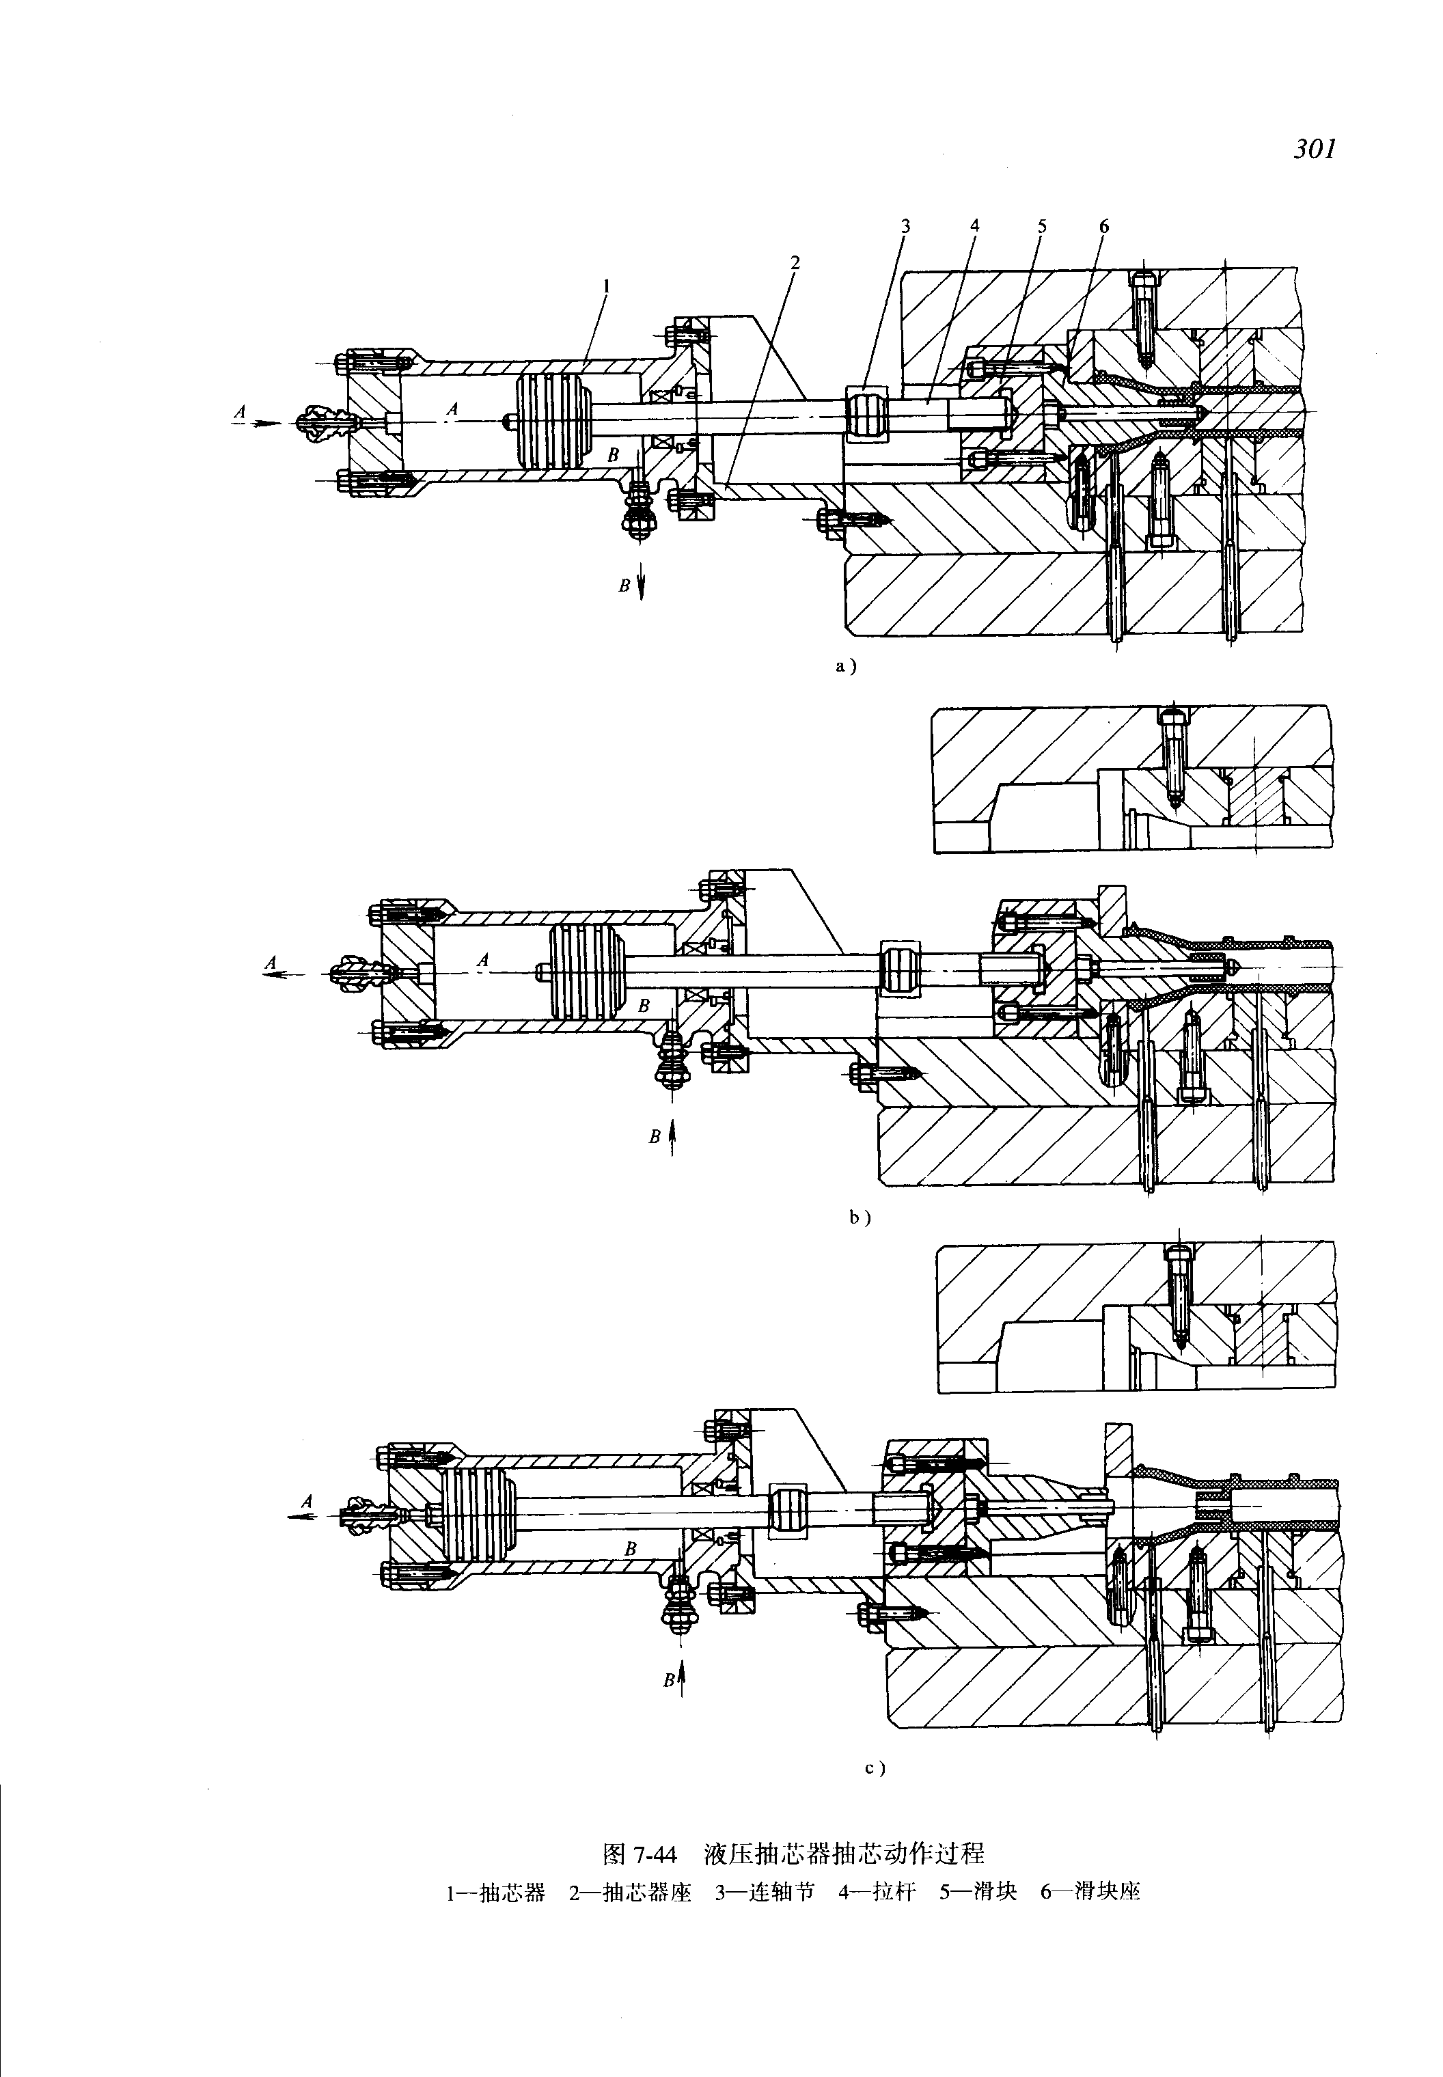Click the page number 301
(x=1314, y=149)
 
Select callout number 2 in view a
(x=795, y=263)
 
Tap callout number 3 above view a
(x=904, y=226)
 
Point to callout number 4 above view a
(x=975, y=226)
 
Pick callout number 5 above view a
(x=1041, y=226)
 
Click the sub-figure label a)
(x=844, y=666)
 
